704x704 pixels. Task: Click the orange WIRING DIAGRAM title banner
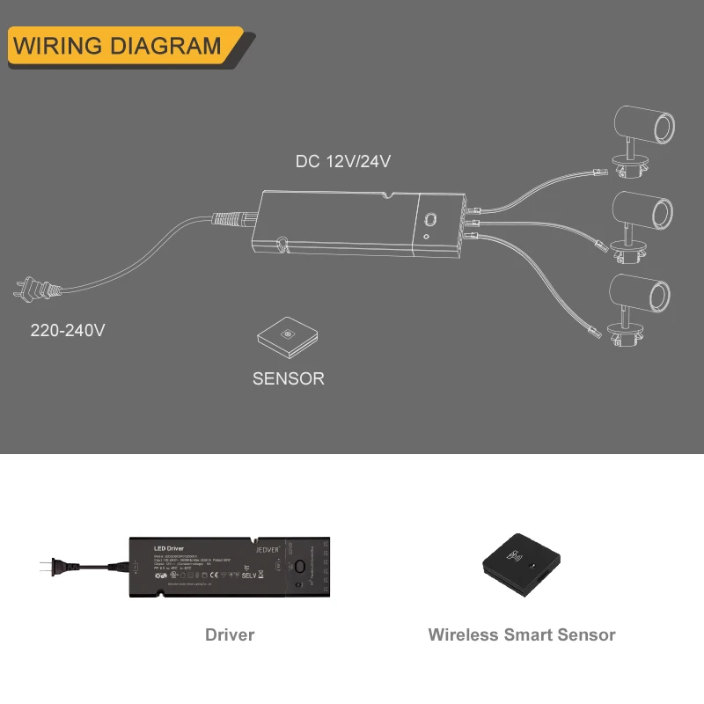click(119, 46)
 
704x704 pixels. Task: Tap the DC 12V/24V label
click(343, 162)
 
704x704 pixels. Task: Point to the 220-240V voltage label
click(68, 331)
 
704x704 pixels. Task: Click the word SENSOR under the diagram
click(288, 378)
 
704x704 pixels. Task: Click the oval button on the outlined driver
click(432, 220)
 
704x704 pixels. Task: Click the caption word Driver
click(230, 634)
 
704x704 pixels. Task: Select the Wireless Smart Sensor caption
click(522, 634)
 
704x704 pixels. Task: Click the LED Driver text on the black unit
click(168, 548)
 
